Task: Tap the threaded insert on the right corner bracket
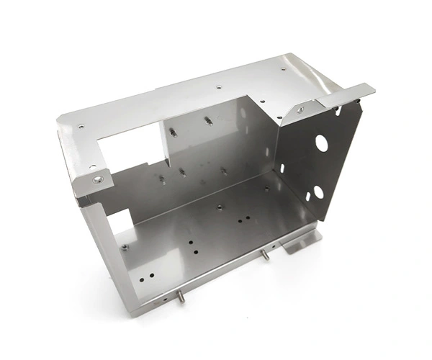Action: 300,110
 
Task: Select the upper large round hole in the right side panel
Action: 321,143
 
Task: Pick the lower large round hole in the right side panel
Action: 318,191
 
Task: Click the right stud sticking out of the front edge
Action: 266,255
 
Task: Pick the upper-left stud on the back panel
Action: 173,131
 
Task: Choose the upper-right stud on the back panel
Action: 207,120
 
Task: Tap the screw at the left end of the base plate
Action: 125,247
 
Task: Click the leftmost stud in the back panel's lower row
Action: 163,179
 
